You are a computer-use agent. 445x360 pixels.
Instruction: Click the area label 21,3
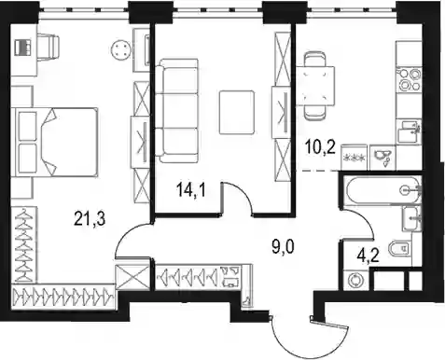coord(90,218)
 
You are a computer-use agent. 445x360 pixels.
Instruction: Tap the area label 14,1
coord(190,189)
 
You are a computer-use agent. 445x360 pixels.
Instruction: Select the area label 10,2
coord(320,147)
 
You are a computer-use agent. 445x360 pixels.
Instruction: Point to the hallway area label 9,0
coord(283,249)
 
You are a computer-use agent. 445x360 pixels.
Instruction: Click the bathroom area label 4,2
coord(369,256)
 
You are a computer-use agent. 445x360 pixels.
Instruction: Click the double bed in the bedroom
coord(55,143)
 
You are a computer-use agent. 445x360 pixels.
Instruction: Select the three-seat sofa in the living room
coord(176,111)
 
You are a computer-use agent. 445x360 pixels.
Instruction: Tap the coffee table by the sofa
coord(237,112)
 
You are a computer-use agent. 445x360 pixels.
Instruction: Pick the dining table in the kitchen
coord(315,86)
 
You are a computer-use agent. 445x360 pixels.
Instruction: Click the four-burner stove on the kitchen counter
coord(409,79)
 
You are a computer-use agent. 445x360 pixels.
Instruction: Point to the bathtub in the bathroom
coord(382,190)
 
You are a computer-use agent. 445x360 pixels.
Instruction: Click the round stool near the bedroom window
coord(120,49)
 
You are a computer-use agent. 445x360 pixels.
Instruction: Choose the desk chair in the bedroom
coord(49,48)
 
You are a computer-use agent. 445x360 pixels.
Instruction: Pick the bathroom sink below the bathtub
coord(411,218)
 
